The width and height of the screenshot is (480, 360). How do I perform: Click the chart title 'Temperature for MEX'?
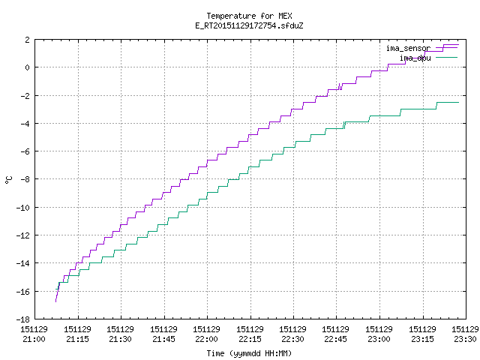[x=249, y=16]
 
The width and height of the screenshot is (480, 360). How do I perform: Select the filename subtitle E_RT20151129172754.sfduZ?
[x=249, y=25]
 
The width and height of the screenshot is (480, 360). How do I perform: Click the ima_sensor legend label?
[x=408, y=48]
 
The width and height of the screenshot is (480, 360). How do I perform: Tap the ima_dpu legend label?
[x=415, y=58]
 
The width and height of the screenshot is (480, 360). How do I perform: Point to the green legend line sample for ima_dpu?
[x=447, y=57]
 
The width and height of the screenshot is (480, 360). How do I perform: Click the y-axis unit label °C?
[x=9, y=180]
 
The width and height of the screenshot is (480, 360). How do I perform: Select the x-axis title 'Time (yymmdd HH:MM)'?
[x=249, y=353]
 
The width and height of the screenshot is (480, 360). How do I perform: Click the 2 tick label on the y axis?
[x=28, y=40]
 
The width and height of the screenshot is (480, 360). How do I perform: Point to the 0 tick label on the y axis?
[x=28, y=67]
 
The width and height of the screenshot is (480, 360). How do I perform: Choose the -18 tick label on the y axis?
[x=23, y=319]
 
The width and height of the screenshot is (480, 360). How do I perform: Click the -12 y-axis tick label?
[x=23, y=235]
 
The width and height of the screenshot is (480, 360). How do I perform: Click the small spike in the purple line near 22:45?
[x=340, y=86]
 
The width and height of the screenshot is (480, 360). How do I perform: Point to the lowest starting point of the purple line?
[x=55, y=301]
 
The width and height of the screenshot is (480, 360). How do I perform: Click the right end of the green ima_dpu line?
[x=458, y=102]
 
